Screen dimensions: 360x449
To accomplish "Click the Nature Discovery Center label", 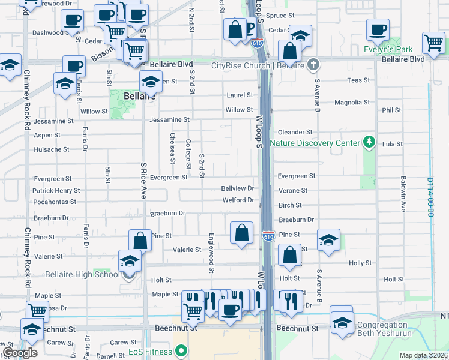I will click(315, 143).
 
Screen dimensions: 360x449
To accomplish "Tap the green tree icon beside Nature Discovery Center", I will click(370, 142).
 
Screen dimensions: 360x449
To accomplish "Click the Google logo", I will click(20, 353).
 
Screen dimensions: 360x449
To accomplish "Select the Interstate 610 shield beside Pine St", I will click(268, 236).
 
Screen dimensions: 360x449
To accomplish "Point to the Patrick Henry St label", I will click(56, 191).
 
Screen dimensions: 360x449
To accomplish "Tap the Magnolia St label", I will click(352, 103).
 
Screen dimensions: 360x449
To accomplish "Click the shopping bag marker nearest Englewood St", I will click(241, 234).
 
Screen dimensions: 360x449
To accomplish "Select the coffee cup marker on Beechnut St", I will click(229, 310).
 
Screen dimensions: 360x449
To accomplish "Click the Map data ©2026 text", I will click(423, 355).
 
